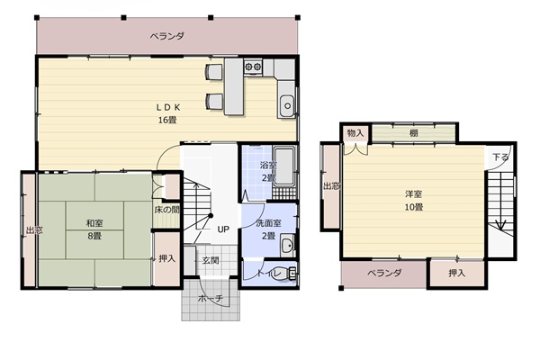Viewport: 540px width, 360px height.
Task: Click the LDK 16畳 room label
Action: point(168,113)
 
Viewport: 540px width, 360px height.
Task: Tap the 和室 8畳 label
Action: point(94,229)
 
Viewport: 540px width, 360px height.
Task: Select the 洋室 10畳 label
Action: point(414,201)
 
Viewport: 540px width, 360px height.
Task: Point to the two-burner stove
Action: point(253,67)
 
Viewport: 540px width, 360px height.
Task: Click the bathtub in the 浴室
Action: point(284,166)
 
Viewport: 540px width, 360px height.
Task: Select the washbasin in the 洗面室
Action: point(286,245)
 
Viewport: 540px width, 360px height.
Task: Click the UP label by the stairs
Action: point(223,229)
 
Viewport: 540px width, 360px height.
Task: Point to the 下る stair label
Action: point(500,157)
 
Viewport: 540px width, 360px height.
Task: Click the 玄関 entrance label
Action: point(211,260)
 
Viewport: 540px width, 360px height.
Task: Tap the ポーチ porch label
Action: point(211,298)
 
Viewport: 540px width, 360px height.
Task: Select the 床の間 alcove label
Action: point(166,210)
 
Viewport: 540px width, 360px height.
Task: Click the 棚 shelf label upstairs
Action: point(414,133)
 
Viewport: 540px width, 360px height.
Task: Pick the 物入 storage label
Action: point(355,133)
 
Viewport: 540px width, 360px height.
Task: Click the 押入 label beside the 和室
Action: point(167,258)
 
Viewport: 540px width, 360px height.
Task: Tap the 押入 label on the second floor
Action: point(456,274)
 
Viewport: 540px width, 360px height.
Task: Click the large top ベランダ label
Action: point(167,36)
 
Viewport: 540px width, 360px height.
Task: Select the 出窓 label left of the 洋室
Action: point(331,186)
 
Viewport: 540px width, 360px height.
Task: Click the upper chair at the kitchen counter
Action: point(214,72)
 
